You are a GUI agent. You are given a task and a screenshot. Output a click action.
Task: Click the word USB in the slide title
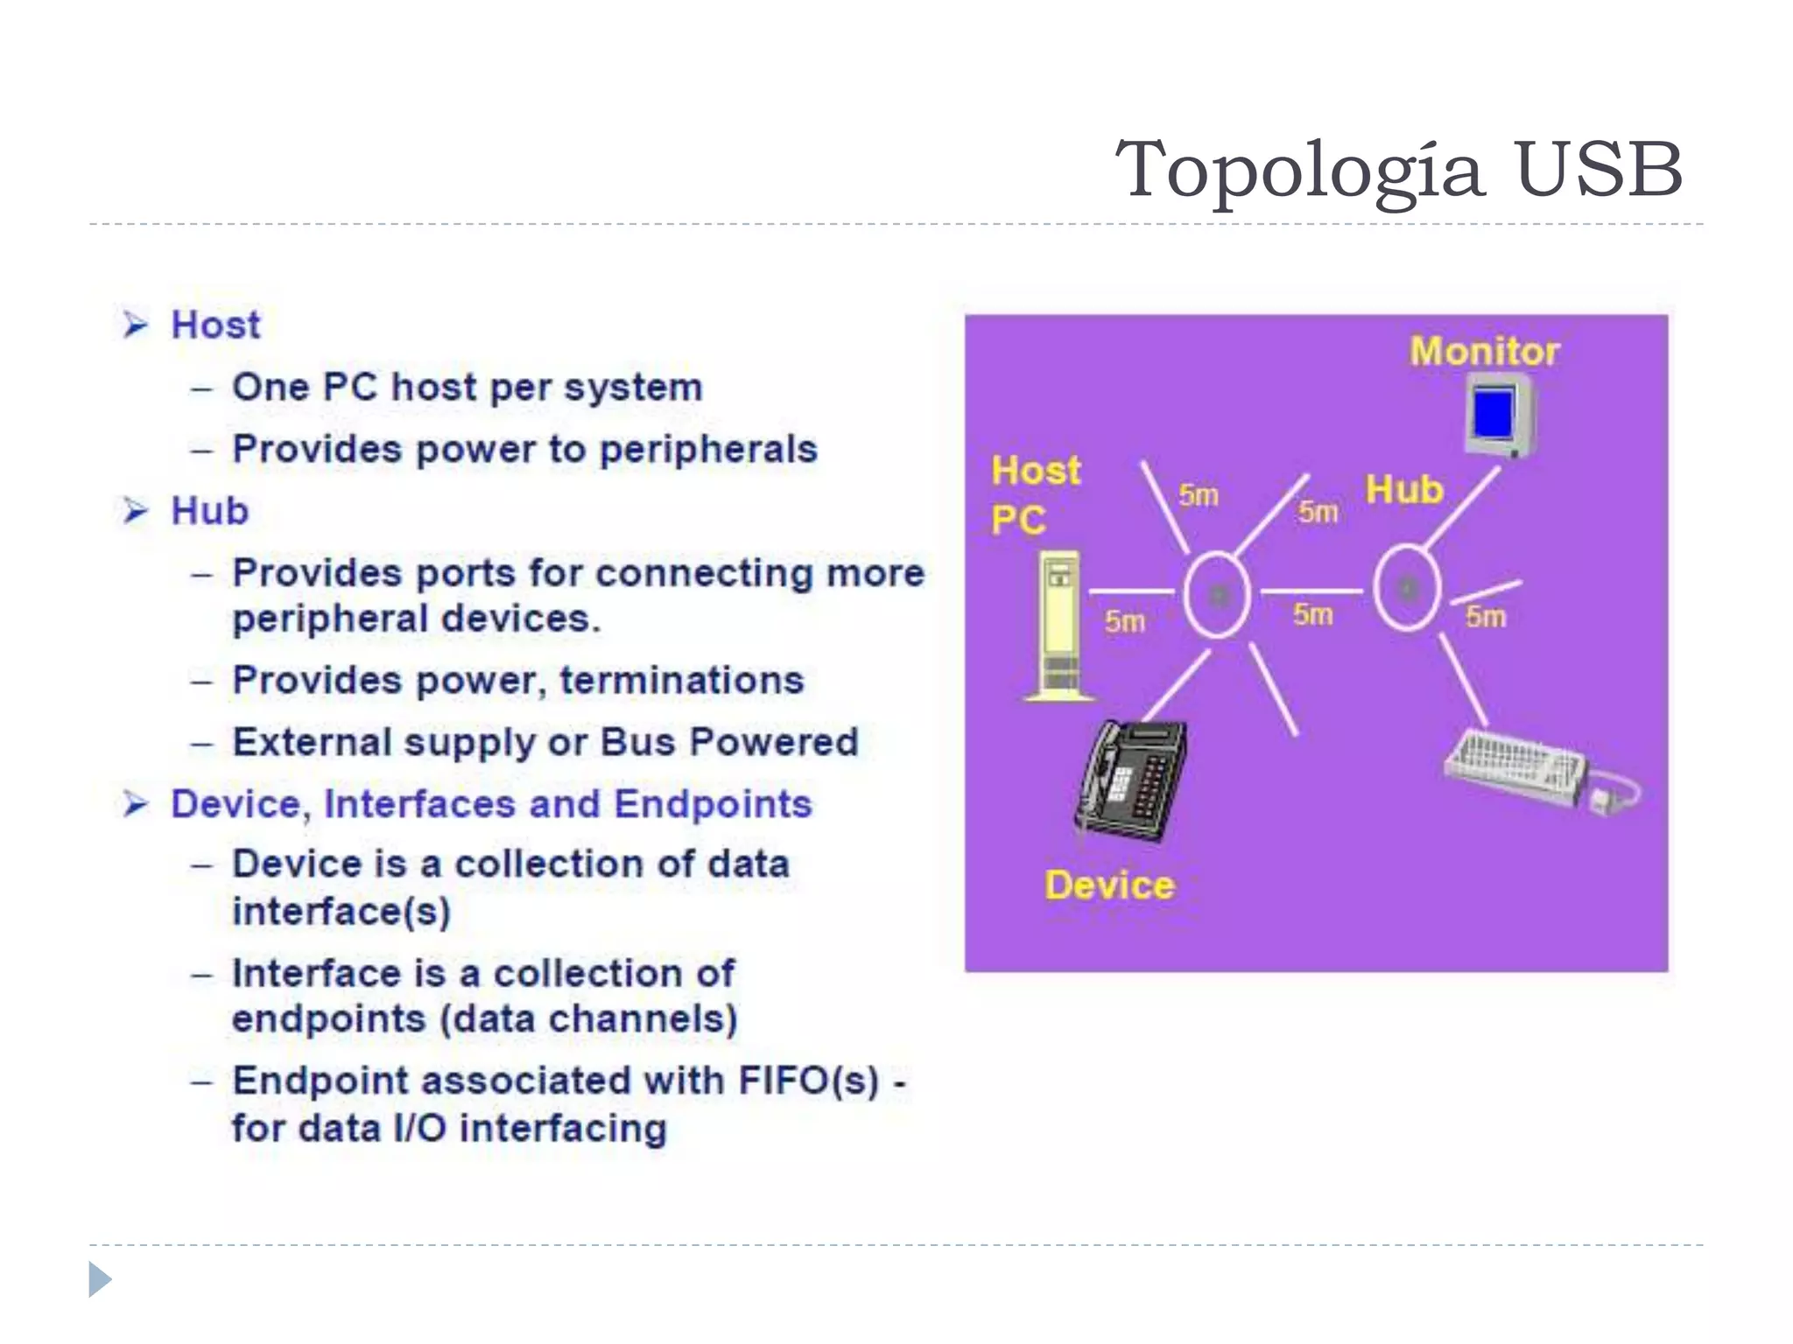click(x=1599, y=169)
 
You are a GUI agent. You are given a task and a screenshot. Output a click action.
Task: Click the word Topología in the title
click(x=1299, y=171)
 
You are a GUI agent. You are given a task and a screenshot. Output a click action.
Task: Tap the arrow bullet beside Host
click(x=136, y=325)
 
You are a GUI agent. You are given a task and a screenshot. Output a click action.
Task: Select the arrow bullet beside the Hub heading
click(x=136, y=510)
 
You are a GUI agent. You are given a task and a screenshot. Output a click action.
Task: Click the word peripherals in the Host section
click(x=707, y=450)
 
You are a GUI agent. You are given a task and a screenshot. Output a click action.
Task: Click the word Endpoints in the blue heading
click(x=713, y=804)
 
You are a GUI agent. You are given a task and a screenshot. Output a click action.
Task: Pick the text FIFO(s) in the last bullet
click(x=808, y=1081)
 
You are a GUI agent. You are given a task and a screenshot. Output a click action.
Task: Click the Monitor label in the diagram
click(x=1485, y=352)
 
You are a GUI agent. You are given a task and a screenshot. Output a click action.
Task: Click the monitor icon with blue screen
click(x=1499, y=416)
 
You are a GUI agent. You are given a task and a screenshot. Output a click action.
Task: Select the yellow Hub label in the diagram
click(x=1404, y=490)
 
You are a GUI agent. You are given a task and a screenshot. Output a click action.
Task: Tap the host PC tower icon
click(x=1059, y=626)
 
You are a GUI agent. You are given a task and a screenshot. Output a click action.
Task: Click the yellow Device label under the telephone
click(x=1109, y=885)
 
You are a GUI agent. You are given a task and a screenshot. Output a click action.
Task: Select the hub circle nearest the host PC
click(x=1217, y=595)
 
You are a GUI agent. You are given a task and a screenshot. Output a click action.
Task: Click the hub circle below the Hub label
click(x=1407, y=588)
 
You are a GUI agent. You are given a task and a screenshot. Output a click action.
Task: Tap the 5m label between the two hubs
click(x=1313, y=615)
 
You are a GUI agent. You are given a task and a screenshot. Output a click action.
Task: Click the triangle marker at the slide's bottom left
click(x=100, y=1279)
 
